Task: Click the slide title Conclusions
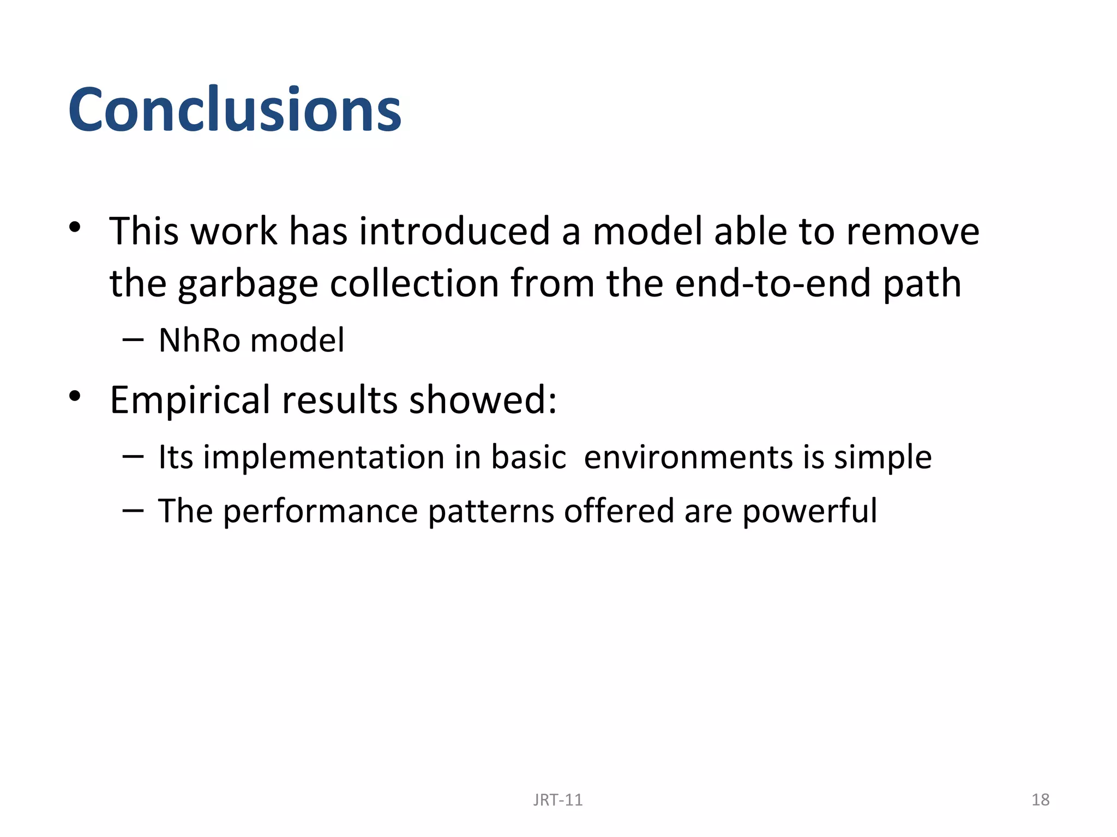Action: click(235, 110)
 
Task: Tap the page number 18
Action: click(1040, 799)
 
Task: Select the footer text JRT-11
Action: click(557, 799)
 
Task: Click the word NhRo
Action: click(199, 341)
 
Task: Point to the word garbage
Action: click(248, 284)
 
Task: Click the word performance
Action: click(320, 512)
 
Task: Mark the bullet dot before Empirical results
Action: click(75, 396)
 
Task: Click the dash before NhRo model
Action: click(133, 341)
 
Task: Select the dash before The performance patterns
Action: click(133, 511)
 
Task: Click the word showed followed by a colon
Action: click(483, 400)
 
